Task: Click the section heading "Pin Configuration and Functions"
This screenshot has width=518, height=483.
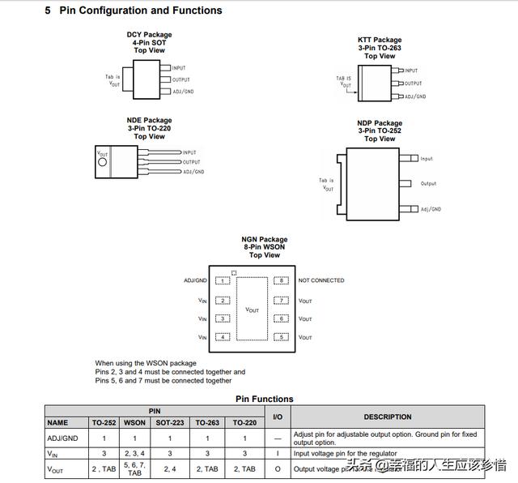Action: pyautogui.click(x=140, y=11)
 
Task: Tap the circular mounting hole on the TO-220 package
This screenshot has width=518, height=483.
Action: pyautogui.click(x=102, y=162)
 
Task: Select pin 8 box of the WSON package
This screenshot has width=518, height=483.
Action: pyautogui.click(x=280, y=280)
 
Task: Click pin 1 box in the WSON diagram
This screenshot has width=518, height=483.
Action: pyautogui.click(x=222, y=280)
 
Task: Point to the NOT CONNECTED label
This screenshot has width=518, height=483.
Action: pyautogui.click(x=321, y=280)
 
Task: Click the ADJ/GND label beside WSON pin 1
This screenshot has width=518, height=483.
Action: pyautogui.click(x=195, y=280)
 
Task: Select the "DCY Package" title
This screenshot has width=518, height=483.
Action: pyautogui.click(x=149, y=35)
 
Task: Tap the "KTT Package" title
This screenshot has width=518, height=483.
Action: pyautogui.click(x=380, y=40)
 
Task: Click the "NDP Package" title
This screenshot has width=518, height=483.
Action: pyautogui.click(x=380, y=123)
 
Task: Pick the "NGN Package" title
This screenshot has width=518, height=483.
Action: pyautogui.click(x=264, y=240)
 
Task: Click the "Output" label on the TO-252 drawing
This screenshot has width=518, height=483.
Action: pyautogui.click(x=428, y=184)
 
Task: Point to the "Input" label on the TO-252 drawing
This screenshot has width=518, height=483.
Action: pyautogui.click(x=427, y=159)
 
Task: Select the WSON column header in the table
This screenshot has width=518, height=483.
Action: pyautogui.click(x=134, y=422)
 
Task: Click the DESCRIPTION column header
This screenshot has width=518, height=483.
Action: pyautogui.click(x=387, y=417)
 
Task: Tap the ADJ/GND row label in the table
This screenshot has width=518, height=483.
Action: pyautogui.click(x=62, y=438)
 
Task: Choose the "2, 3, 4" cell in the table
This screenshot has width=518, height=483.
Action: pyautogui.click(x=134, y=454)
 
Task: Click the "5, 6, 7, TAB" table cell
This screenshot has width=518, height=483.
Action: pyautogui.click(x=134, y=468)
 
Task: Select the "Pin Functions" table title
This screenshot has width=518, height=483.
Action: pyautogui.click(x=264, y=399)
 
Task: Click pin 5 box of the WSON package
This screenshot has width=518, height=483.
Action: pyautogui.click(x=280, y=336)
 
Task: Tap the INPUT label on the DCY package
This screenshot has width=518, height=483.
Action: pyautogui.click(x=180, y=68)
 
